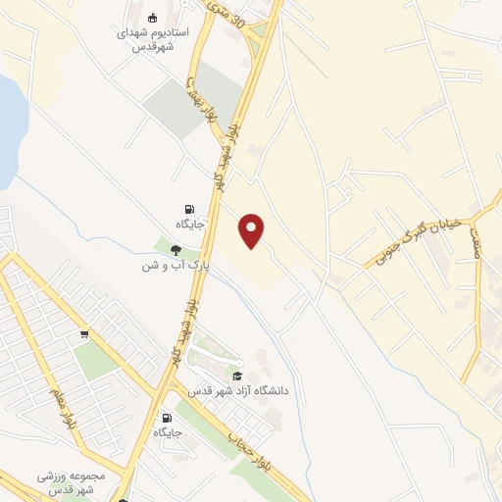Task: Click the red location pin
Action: pos(253,230)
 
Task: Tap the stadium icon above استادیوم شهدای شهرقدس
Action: pos(153,18)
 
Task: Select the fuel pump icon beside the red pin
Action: pos(188,208)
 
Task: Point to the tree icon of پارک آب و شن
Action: pos(175,249)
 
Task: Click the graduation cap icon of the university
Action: pos(236,376)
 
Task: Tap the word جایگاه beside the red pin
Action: pos(189,225)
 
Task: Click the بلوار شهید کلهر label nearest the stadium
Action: pos(232,146)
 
